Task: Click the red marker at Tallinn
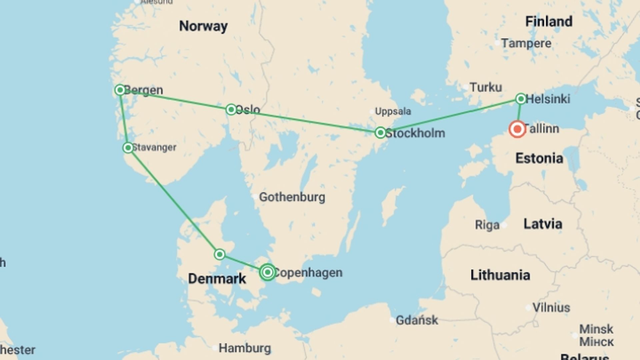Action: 517,129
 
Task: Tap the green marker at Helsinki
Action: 521,99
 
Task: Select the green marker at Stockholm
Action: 380,133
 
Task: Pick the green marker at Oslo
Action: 231,109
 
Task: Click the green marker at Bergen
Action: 120,90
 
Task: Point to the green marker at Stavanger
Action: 128,148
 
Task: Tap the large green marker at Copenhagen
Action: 267,272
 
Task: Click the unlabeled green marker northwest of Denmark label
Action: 219,255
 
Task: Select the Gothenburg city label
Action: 292,197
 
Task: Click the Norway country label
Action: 203,26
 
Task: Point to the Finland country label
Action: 549,22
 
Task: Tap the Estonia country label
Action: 539,158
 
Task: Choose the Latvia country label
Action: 543,224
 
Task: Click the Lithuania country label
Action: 500,275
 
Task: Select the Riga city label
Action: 487,225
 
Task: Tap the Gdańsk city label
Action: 417,320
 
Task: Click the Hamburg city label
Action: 245,348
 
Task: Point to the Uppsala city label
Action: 393,111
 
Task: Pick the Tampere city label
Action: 526,43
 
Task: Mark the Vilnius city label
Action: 551,307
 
